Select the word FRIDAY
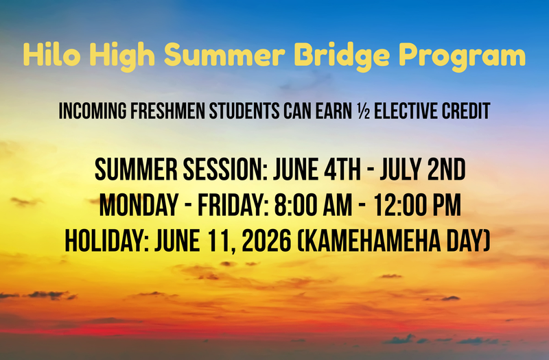click(224, 204)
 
